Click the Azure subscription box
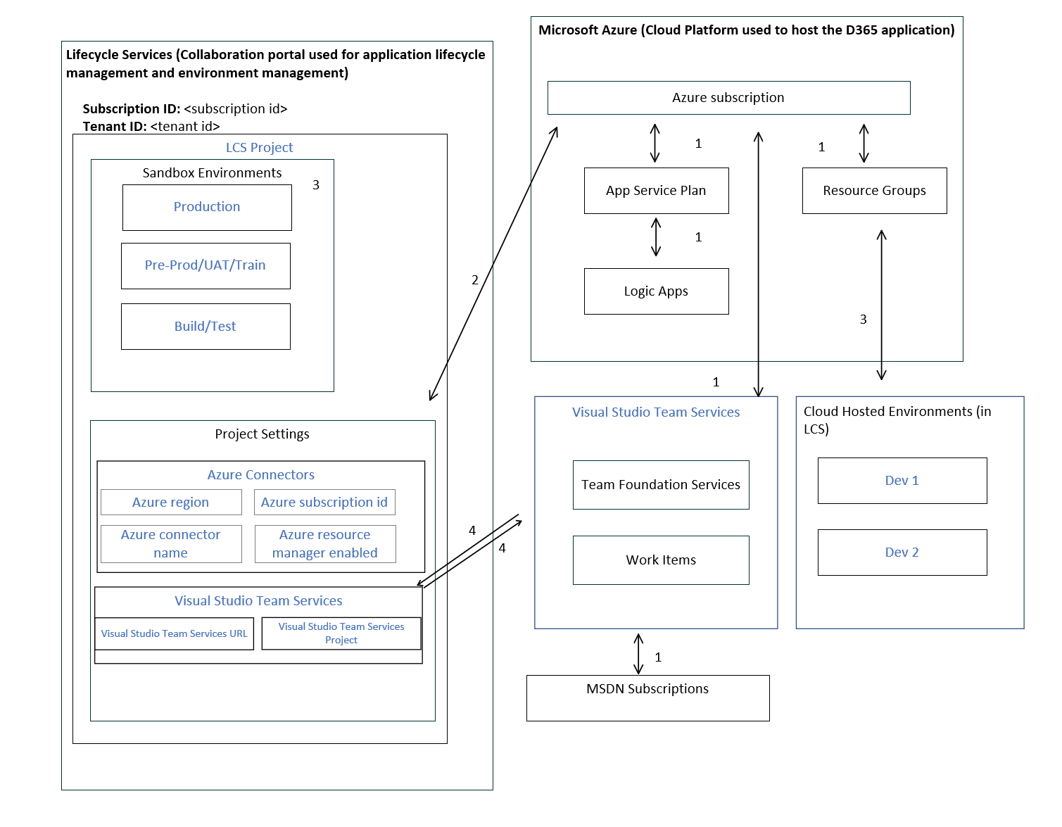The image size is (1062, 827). [x=728, y=98]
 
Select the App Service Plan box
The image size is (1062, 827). [x=656, y=191]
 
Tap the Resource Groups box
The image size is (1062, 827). [x=874, y=191]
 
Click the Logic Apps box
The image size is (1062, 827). [x=656, y=291]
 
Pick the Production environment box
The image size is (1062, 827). [x=207, y=207]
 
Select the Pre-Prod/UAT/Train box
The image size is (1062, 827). [x=206, y=265]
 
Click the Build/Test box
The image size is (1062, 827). [x=206, y=327]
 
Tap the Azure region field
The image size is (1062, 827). [x=171, y=503]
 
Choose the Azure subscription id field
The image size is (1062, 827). [x=324, y=503]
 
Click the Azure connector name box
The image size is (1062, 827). [x=171, y=544]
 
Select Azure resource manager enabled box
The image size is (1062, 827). [x=325, y=544]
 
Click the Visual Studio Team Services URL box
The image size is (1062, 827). [x=174, y=634]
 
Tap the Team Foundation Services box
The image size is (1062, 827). [x=661, y=485]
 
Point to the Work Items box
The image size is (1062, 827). [x=661, y=560]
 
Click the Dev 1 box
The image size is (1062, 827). [x=902, y=481]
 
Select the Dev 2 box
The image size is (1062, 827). [x=902, y=553]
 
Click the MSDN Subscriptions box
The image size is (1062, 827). [x=647, y=697]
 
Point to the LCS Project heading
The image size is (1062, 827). [x=259, y=148]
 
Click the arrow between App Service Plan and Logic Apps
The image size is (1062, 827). [x=656, y=237]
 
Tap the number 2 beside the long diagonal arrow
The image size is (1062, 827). [x=475, y=280]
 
